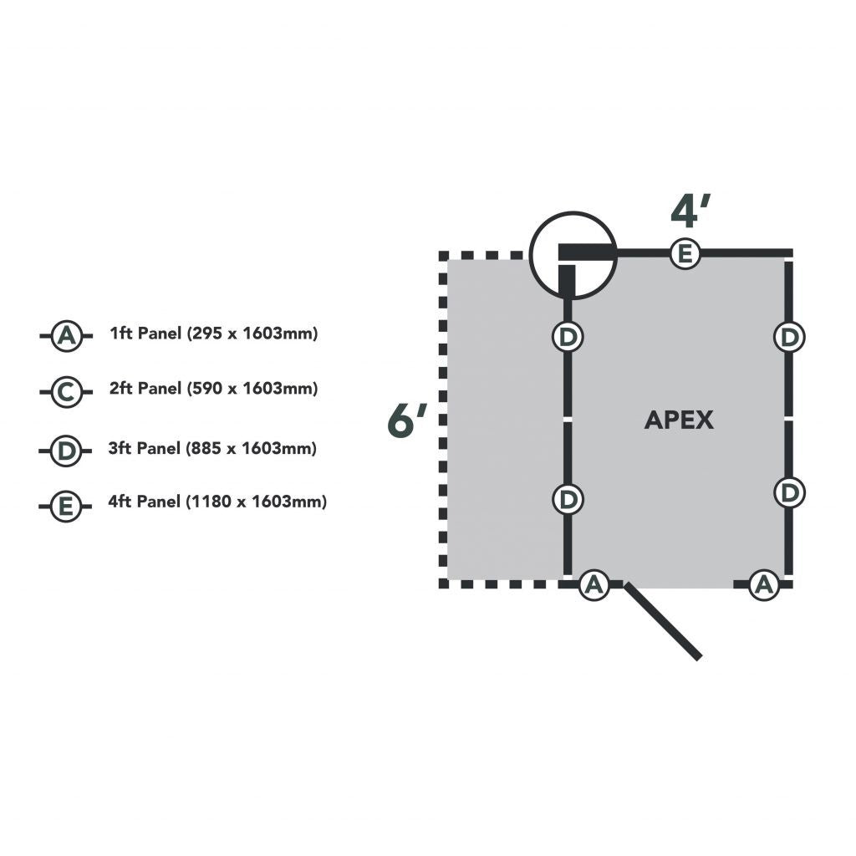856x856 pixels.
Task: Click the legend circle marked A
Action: click(x=66, y=336)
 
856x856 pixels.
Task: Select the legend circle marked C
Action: click(x=66, y=391)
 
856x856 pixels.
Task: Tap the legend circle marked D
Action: click(x=66, y=451)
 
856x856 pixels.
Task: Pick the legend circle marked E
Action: click(x=66, y=506)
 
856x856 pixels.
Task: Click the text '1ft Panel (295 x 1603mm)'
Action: click(x=214, y=334)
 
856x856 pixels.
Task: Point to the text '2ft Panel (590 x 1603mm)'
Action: click(x=214, y=389)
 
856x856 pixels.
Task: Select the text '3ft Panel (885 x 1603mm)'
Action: click(x=213, y=448)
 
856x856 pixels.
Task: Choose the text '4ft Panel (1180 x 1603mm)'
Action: click(x=217, y=502)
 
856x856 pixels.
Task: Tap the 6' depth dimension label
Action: click(x=407, y=420)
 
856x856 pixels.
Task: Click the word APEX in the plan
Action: click(x=679, y=420)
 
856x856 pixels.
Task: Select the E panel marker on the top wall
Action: click(x=685, y=253)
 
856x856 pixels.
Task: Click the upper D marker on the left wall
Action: click(x=568, y=337)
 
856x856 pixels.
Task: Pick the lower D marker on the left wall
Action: click(x=568, y=499)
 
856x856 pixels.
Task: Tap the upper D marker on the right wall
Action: click(x=788, y=337)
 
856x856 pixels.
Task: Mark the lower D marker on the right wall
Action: click(x=788, y=492)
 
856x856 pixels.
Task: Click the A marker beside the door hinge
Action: click(x=594, y=584)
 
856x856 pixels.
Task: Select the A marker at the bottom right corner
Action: click(x=762, y=584)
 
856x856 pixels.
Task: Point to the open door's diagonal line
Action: click(x=663, y=622)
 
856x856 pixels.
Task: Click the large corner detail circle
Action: click(x=573, y=255)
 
